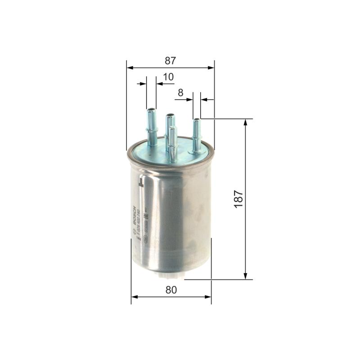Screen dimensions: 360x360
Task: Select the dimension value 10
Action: pyautogui.click(x=168, y=77)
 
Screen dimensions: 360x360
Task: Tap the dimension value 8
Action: pyautogui.click(x=180, y=93)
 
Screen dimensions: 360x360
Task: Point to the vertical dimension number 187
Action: pyautogui.click(x=238, y=198)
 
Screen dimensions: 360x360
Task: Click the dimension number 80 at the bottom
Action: pyautogui.click(x=171, y=290)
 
